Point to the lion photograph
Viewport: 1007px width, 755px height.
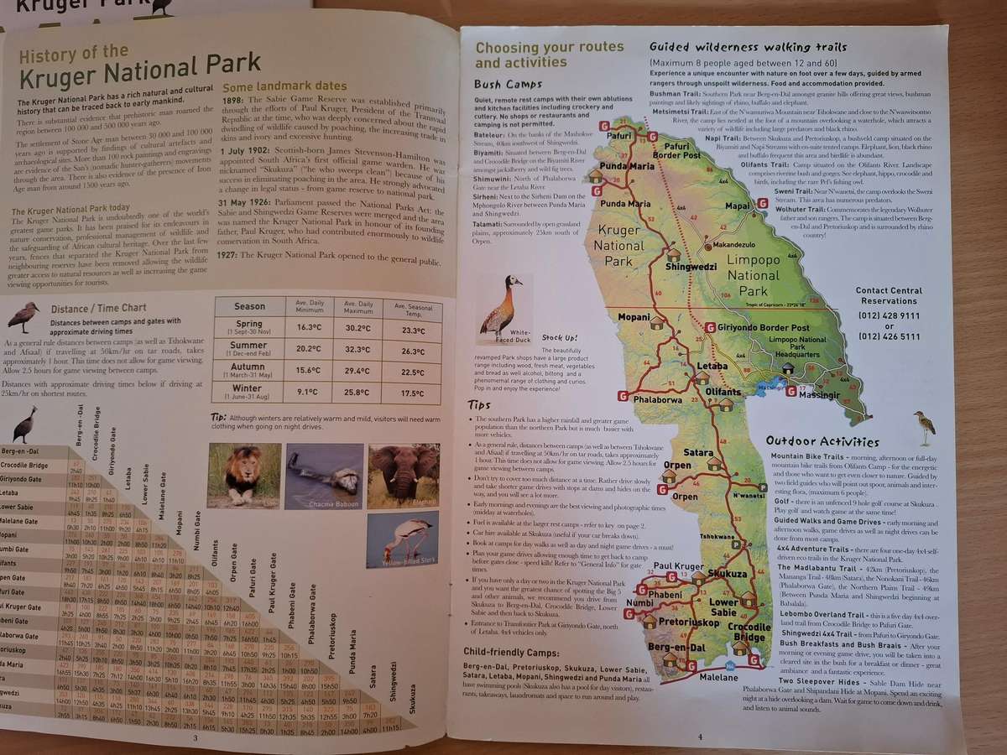tap(244, 475)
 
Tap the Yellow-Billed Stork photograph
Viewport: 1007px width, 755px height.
tap(402, 539)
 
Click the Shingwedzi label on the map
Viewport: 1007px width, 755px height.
tap(691, 267)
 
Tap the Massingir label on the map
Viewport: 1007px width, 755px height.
tap(819, 394)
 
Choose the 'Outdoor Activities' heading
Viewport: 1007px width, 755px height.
tap(822, 442)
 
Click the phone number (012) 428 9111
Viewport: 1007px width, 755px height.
tap(889, 315)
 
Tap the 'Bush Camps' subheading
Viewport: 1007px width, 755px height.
tap(508, 85)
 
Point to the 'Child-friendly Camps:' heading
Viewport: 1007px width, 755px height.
tap(511, 650)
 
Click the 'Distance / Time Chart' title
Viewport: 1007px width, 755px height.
tap(98, 309)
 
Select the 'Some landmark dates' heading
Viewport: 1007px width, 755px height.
tap(284, 86)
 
